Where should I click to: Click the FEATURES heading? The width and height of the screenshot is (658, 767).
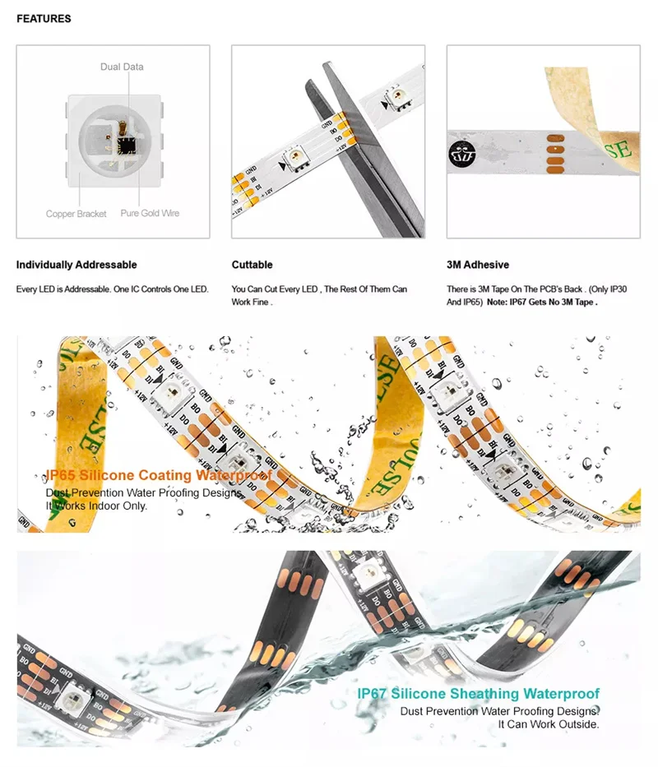point(44,18)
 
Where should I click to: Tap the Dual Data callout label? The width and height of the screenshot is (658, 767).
point(122,67)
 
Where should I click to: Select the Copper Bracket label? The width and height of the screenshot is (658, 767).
point(76,214)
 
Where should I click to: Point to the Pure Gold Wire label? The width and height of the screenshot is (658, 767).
point(150,214)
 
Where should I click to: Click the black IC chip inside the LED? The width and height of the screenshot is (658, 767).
point(126,145)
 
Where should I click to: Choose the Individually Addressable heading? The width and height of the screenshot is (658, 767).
point(76,265)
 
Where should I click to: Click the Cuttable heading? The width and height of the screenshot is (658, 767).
point(252,265)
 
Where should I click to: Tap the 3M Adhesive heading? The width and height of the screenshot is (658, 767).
point(477,265)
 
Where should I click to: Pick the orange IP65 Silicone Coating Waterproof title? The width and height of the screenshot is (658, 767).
point(158,475)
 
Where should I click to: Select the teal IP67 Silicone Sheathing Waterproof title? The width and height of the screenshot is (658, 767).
point(479,695)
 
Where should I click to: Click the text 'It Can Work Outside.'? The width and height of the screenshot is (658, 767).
point(549,724)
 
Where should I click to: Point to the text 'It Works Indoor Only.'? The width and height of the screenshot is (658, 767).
point(97,506)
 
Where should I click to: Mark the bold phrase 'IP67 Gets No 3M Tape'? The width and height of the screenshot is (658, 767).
point(554,303)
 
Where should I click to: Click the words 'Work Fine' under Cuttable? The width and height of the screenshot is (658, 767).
point(250,303)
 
